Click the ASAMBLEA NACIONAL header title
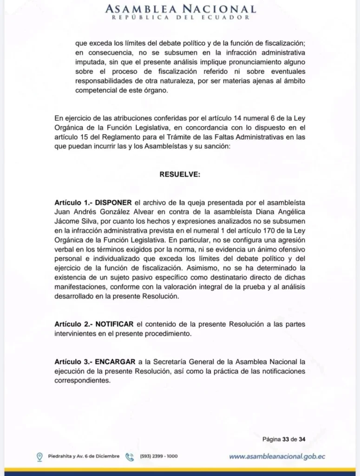click(x=180, y=9)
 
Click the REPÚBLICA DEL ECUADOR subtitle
click(x=180, y=18)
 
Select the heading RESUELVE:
click(x=180, y=175)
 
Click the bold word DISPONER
click(x=114, y=203)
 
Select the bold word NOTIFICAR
click(x=116, y=324)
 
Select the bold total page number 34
click(x=302, y=438)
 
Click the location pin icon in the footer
click(x=40, y=456)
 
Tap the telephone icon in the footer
click(x=130, y=456)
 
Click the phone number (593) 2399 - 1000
click(x=158, y=456)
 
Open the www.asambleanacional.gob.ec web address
click(x=277, y=456)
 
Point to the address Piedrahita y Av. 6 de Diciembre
click(x=84, y=456)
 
